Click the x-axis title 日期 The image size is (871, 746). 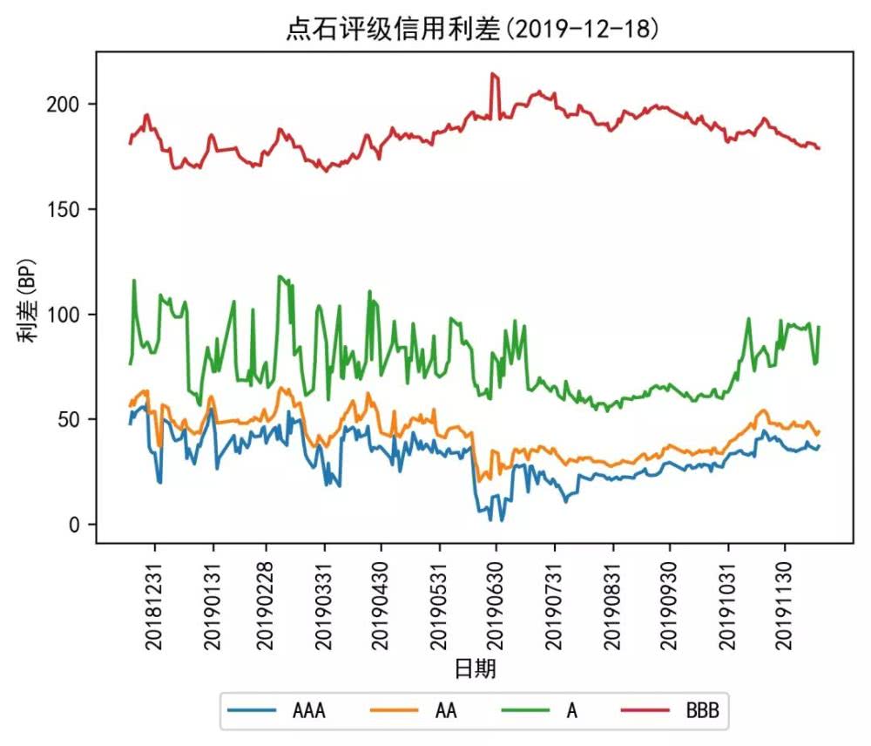pyautogui.click(x=476, y=669)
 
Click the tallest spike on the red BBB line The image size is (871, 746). pyautogui.click(x=494, y=74)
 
